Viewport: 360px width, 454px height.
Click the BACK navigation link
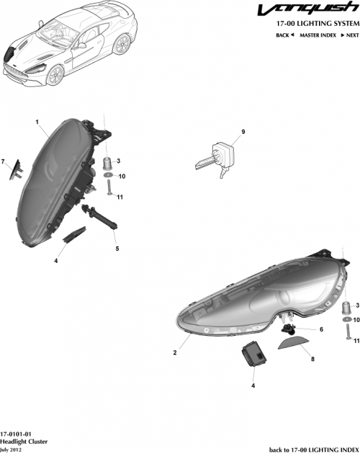point(284,35)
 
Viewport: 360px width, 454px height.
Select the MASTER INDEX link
point(318,35)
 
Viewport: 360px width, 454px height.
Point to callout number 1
point(37,123)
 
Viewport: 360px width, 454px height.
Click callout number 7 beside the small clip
point(4,161)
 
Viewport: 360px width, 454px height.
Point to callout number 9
point(243,131)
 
